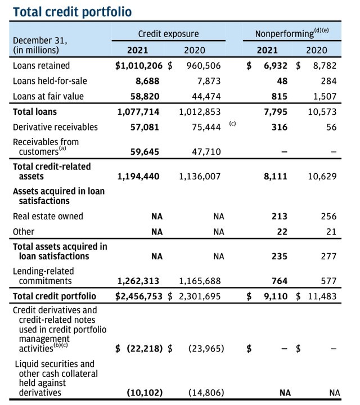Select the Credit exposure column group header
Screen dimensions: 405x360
168,34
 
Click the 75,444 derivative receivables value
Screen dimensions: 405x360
205,127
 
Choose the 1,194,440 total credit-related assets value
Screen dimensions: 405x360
139,176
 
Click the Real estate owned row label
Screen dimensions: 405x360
48,217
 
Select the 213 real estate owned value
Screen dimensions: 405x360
280,217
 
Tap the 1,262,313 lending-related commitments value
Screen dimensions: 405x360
139,281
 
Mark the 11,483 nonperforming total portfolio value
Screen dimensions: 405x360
321,296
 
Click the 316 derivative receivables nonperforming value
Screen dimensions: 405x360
280,127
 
